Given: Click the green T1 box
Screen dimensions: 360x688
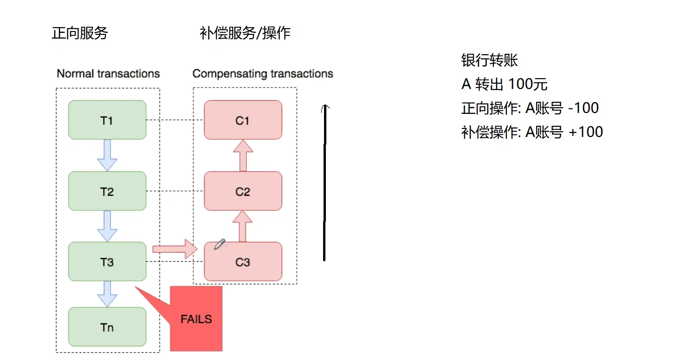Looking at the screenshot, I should point(107,120).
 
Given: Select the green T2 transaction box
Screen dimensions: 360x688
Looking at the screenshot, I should point(107,191).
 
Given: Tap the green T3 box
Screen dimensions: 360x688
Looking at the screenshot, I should point(107,262).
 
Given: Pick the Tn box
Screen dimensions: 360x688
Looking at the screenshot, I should point(107,327).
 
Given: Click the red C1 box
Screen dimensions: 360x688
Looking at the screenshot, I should point(243,120).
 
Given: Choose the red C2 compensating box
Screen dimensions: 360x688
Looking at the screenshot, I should point(243,191).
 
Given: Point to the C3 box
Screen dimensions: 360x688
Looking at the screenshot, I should point(243,262).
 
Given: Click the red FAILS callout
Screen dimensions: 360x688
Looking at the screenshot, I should point(196,319).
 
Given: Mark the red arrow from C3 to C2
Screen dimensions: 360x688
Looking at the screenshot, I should point(243,226).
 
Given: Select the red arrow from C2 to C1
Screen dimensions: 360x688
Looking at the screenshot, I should point(243,155).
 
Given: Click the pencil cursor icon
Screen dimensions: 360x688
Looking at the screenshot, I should point(220,244).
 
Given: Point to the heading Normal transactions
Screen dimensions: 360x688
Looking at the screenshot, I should point(108,74).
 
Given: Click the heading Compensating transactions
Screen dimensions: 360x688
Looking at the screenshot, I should point(263,74).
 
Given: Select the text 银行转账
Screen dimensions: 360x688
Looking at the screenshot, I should point(490,61).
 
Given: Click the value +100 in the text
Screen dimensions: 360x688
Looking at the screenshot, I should point(585,132).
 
